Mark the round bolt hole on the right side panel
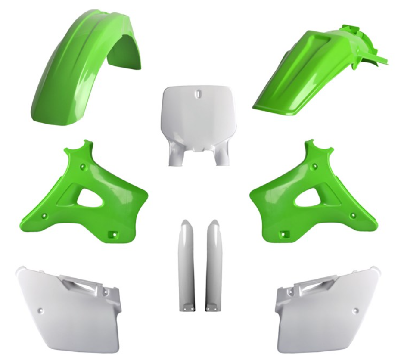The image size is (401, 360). [356, 310]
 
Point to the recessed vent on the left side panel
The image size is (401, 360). [84, 284]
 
